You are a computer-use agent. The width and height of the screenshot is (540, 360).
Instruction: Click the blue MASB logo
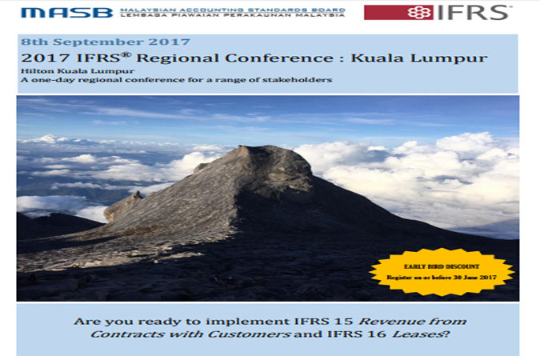pyautogui.click(x=66, y=13)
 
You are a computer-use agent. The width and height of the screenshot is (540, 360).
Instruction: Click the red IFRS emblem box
pyautogui.click(x=398, y=13)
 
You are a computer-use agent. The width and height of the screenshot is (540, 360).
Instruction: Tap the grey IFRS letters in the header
pyautogui.click(x=473, y=13)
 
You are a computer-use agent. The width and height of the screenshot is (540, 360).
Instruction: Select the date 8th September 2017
pyautogui.click(x=106, y=42)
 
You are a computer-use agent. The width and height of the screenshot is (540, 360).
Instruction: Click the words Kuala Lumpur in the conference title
pyautogui.click(x=419, y=58)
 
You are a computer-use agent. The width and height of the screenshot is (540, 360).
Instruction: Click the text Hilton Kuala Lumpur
pyautogui.click(x=78, y=71)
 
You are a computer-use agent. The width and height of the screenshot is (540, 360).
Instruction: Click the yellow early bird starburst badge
pyautogui.click(x=442, y=272)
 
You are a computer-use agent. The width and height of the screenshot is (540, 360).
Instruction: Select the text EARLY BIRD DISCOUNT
pyautogui.click(x=442, y=266)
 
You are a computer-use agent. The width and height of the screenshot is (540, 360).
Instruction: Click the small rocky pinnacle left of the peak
pyautogui.click(x=138, y=195)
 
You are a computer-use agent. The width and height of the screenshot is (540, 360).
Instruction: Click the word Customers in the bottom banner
pyautogui.click(x=249, y=334)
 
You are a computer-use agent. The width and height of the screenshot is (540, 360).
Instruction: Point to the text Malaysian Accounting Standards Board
pyautogui.click(x=233, y=10)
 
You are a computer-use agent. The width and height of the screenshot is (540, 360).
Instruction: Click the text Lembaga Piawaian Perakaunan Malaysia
pyautogui.click(x=233, y=15)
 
